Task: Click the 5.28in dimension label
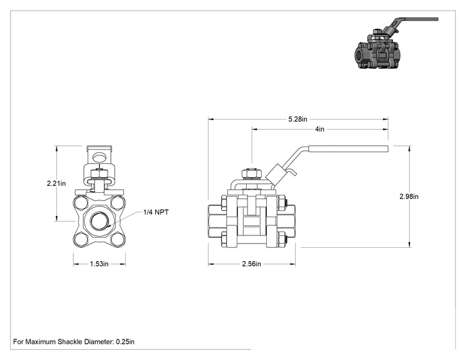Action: point(298,119)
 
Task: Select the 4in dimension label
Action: point(319,129)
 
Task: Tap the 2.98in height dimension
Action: point(409,197)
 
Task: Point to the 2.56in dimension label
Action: point(251,264)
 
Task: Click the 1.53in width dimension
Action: point(99,264)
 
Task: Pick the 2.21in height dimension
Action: point(56,183)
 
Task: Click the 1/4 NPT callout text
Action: point(156,212)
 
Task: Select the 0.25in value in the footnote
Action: point(125,342)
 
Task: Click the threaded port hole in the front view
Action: point(99,221)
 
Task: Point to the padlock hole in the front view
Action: point(99,157)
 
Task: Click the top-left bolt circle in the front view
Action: point(81,202)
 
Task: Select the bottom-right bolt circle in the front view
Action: point(118,239)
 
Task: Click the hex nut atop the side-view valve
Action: point(252,174)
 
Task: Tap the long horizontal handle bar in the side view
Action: point(348,148)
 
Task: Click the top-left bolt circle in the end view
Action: point(81,202)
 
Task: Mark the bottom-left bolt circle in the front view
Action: point(81,239)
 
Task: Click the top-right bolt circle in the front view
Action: point(118,202)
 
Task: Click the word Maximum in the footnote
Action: point(41,342)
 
